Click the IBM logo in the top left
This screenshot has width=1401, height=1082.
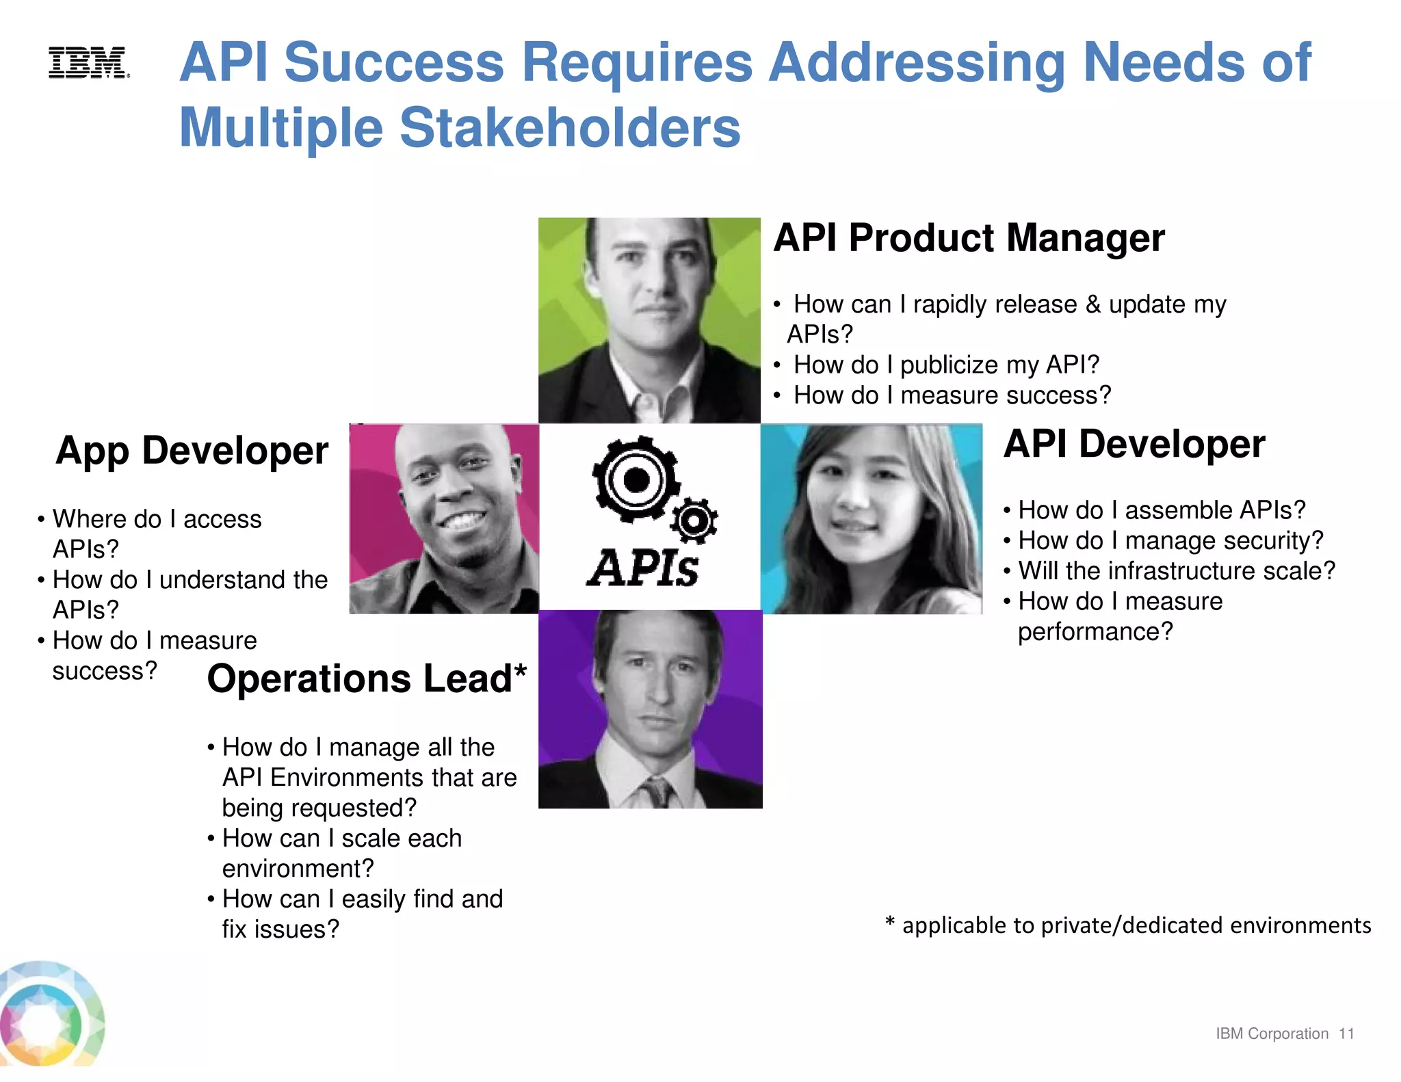pos(88,63)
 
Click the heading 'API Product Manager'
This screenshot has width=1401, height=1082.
pos(969,238)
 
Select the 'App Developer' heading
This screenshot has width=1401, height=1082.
pos(192,451)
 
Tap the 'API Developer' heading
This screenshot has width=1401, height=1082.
pos(1134,444)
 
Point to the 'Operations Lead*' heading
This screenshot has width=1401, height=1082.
pos(367,678)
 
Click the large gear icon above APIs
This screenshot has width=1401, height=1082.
pos(636,480)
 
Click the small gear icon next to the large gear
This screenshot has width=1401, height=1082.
pos(694,521)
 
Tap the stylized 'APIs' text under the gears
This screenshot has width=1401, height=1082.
pos(643,569)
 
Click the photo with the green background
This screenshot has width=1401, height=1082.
pos(649,320)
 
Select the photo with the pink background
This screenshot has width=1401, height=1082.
pos(444,518)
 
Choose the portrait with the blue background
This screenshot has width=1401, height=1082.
pos(872,518)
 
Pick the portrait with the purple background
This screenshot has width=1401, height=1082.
pos(650,709)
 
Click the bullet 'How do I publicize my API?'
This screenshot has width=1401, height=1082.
pos(946,365)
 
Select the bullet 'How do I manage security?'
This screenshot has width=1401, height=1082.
pos(1170,541)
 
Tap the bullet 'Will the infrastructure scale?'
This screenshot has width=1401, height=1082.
pos(1176,571)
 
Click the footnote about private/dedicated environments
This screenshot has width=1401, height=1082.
pos(1128,925)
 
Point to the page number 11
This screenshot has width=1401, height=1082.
pos(1346,1033)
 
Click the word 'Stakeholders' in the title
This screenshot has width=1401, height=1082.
pos(570,128)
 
